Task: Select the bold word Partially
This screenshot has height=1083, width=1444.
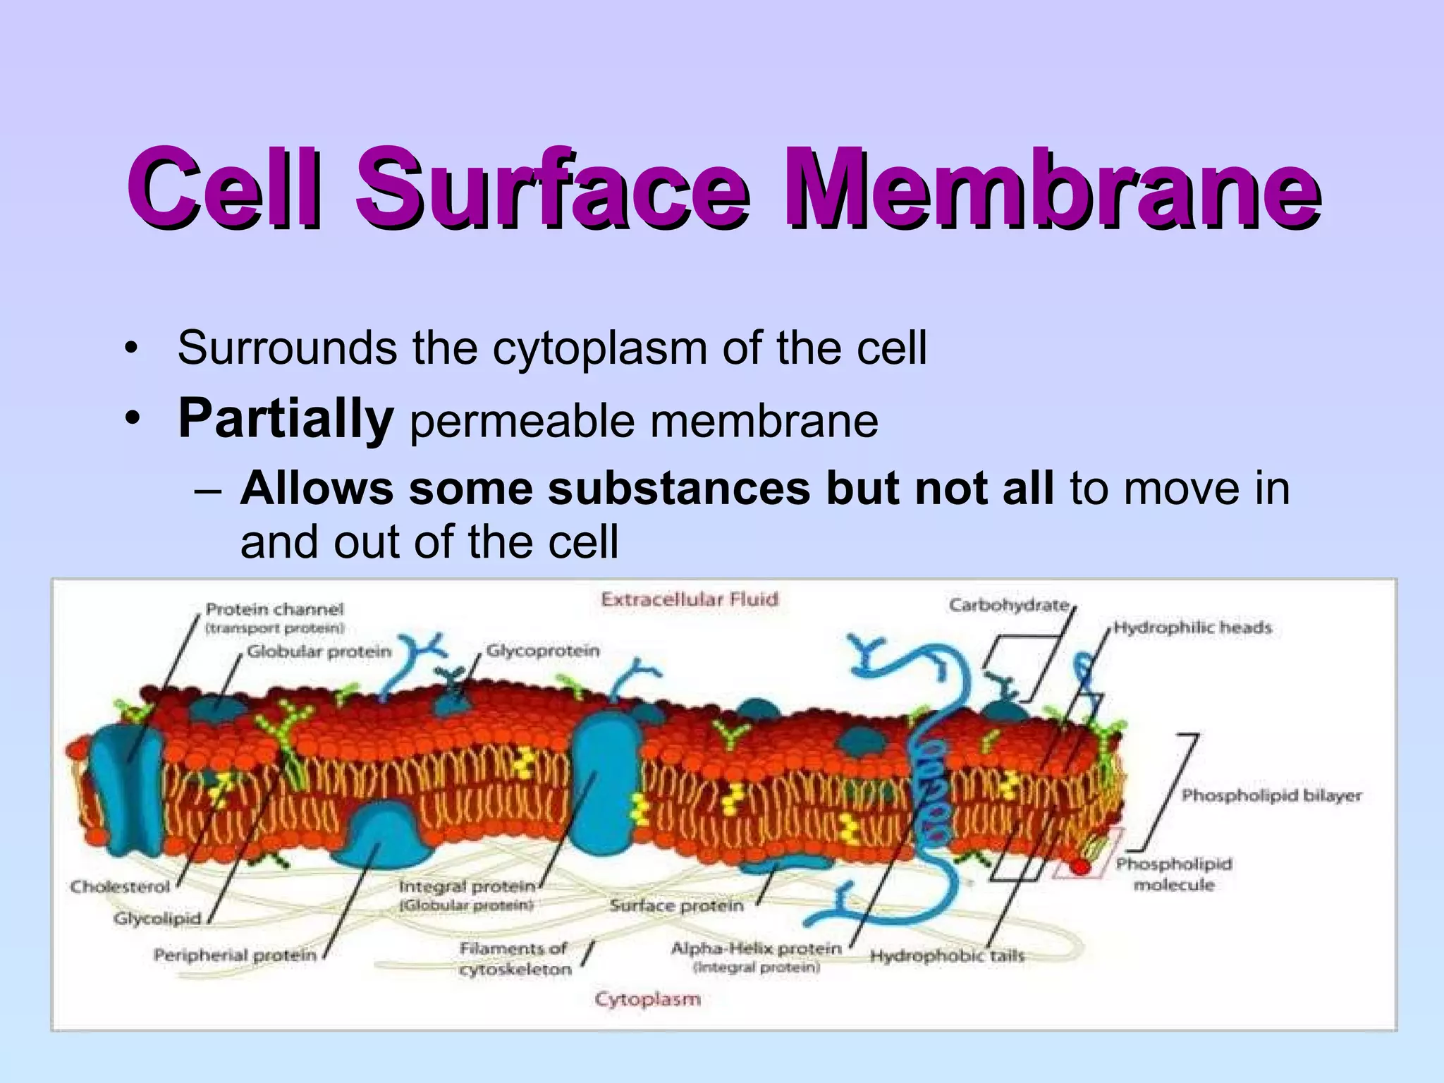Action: pyautogui.click(x=285, y=420)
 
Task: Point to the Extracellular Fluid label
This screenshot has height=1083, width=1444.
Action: pyautogui.click(x=689, y=599)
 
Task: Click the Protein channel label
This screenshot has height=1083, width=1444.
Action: pyautogui.click(x=274, y=609)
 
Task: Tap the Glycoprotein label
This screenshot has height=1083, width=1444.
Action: pyautogui.click(x=543, y=651)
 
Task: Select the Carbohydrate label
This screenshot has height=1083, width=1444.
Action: pyautogui.click(x=1008, y=605)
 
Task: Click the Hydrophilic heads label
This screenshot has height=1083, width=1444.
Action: pyautogui.click(x=1192, y=628)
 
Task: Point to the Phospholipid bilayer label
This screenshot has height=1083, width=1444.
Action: pyautogui.click(x=1271, y=795)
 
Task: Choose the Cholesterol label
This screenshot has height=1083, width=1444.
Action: pyautogui.click(x=120, y=886)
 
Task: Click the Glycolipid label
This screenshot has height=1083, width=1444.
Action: pyautogui.click(x=157, y=919)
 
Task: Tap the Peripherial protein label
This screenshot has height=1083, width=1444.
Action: pyautogui.click(x=235, y=955)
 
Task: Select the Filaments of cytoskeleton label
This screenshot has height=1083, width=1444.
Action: pyautogui.click(x=515, y=959)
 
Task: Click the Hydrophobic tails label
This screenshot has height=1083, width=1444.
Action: pyautogui.click(x=946, y=956)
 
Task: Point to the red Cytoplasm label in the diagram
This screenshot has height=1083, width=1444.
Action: pyautogui.click(x=647, y=999)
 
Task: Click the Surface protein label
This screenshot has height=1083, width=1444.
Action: pyautogui.click(x=676, y=906)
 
